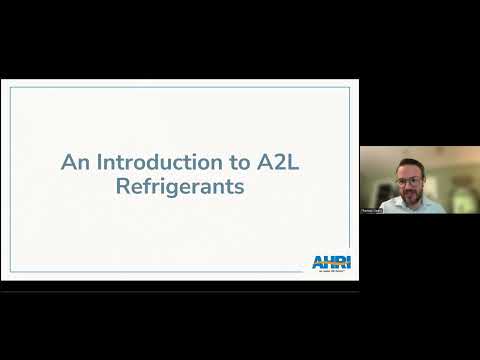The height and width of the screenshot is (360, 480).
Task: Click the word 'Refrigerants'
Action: (x=180, y=186)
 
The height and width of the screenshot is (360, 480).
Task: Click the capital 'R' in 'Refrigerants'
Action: (x=124, y=186)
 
